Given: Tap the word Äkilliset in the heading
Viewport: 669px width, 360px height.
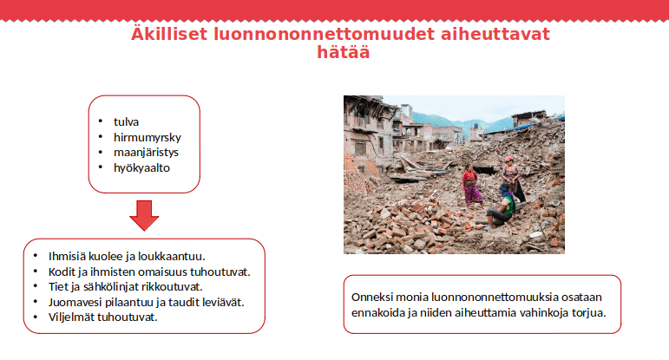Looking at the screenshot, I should tap(170, 34).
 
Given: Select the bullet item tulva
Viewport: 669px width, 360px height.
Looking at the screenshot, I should tap(126, 121).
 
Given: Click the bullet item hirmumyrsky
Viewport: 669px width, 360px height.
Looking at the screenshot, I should tap(147, 137).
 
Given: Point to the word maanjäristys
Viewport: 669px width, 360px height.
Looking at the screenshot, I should tap(146, 152).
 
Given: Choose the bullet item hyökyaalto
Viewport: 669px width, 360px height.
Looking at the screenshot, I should tap(141, 167).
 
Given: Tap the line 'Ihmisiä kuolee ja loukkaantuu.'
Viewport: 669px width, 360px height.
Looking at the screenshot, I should tap(126, 256).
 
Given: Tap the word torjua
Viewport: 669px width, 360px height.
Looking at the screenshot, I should tap(587, 312).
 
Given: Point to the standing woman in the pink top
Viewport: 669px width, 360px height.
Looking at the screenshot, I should tap(470, 183).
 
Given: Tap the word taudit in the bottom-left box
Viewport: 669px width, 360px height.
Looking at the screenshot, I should tap(176, 302).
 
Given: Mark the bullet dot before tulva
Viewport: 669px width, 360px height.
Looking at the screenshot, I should tap(101, 121).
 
